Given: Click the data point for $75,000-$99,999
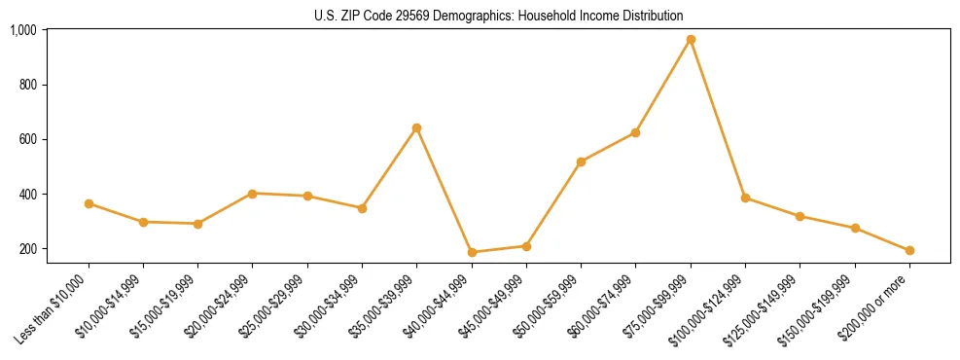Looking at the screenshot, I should (691, 40).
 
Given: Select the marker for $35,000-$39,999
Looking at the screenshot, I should (417, 127).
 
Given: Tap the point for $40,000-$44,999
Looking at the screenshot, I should (472, 252).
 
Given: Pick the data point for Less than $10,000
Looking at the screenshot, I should (89, 203).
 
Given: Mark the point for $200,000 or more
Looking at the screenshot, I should (909, 250).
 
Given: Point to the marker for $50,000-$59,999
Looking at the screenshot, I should (581, 162).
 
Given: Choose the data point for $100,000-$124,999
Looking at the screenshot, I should (745, 198).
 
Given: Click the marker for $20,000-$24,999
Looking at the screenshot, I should (253, 194).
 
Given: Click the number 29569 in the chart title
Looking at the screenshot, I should (413, 16).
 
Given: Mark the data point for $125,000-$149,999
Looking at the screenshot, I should (800, 216).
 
